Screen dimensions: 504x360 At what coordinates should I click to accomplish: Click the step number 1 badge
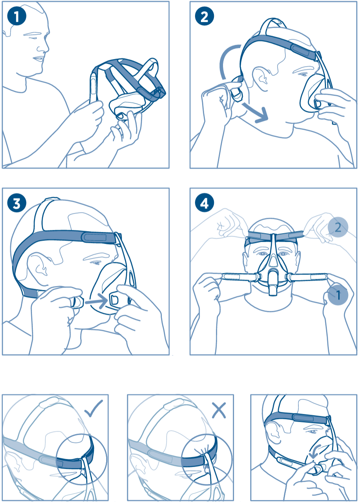coord(17,16)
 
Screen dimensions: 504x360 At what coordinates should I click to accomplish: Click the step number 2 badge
coord(204,16)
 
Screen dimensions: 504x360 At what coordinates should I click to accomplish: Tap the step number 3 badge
coord(17,203)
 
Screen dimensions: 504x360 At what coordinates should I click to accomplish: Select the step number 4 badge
coord(204,203)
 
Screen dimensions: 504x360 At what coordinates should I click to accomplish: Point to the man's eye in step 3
coord(95,262)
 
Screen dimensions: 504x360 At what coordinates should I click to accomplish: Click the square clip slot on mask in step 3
coord(114,300)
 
